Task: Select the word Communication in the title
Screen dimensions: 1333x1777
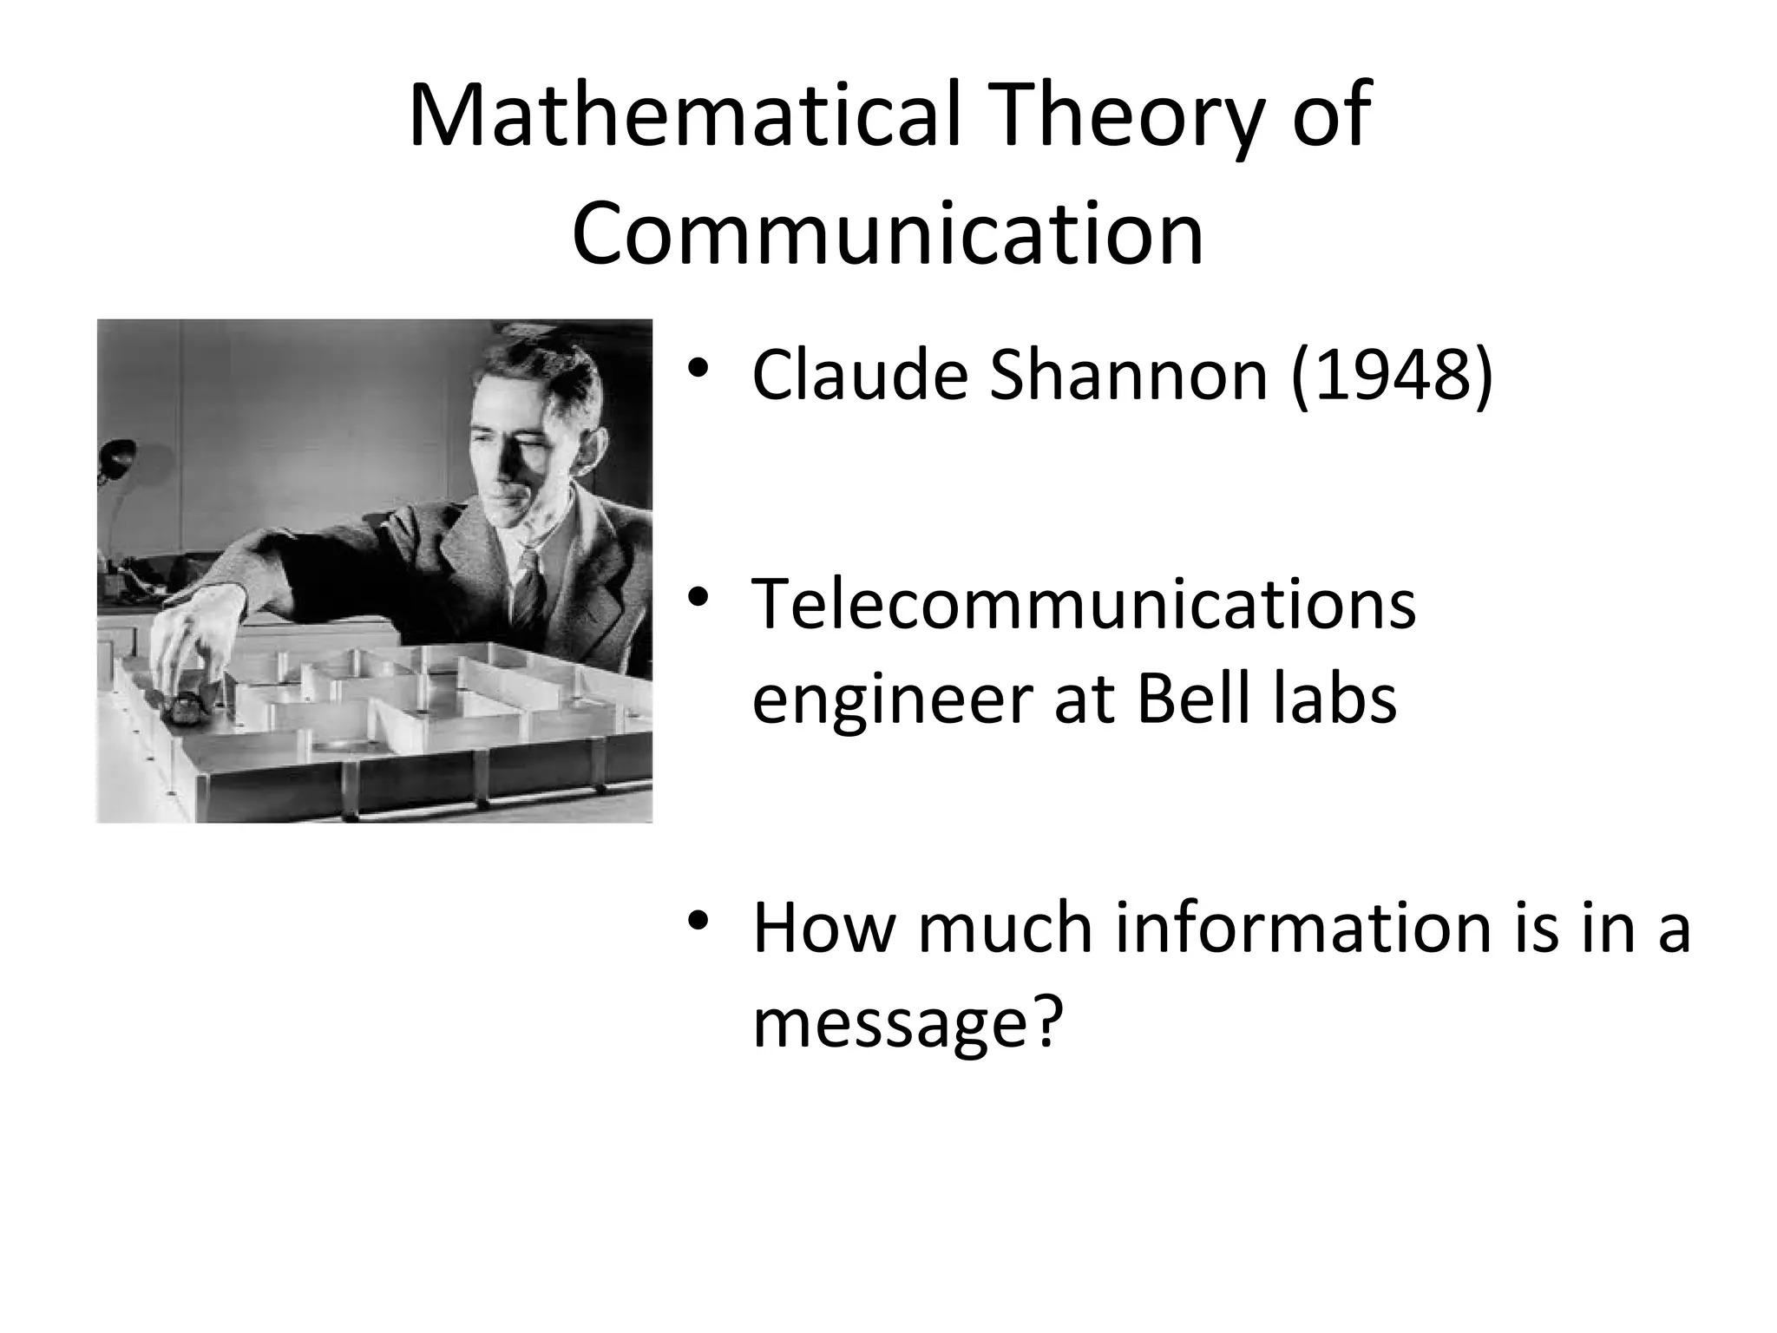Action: coord(888,233)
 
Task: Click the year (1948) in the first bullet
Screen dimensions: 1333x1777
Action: coord(1391,376)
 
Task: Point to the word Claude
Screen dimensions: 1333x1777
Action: coord(860,376)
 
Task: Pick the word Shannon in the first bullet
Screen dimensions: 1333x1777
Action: coord(1129,376)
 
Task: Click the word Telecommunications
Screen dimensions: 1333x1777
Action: coord(1084,604)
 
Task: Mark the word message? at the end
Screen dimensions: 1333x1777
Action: coord(908,1024)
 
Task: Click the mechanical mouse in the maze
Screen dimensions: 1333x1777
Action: coord(184,707)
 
